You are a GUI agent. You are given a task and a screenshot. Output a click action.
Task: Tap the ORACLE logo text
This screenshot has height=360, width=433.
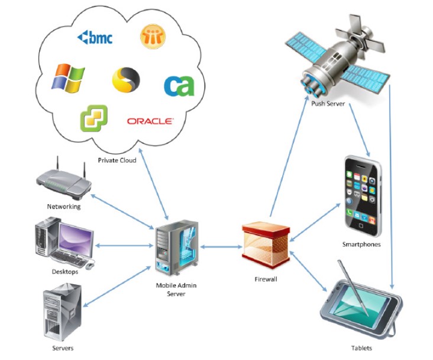pos(150,121)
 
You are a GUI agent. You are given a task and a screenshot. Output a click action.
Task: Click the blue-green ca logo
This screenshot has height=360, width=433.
pos(178,85)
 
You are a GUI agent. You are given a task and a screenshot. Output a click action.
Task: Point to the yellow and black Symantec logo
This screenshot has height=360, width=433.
pos(126,79)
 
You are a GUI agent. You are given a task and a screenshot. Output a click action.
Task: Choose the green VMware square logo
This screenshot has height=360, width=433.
pos(94,117)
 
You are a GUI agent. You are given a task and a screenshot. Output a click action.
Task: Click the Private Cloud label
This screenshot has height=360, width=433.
pos(118,160)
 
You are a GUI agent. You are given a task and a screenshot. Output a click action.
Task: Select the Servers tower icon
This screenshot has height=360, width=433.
pos(62,312)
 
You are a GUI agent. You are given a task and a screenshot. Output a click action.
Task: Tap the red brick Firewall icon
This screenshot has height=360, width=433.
pos(266,243)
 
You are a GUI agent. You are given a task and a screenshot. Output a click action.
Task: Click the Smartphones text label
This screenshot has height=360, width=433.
pos(361,244)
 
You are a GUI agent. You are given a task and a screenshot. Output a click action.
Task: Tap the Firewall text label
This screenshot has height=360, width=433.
pos(266,279)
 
